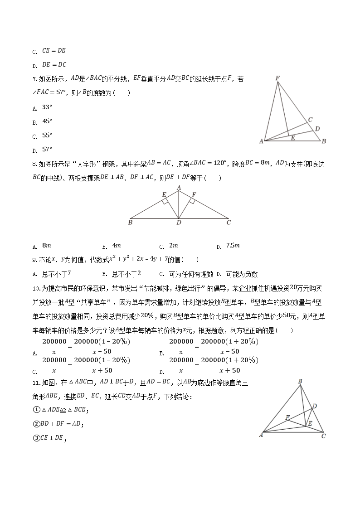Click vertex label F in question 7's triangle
[277, 78]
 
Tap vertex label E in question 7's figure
[293, 138]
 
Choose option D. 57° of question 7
[44, 149]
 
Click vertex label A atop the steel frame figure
[179, 187]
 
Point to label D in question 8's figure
[179, 223]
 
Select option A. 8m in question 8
[43, 246]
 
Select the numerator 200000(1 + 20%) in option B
[229, 342]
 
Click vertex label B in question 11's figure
[300, 382]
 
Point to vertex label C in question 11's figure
[323, 436]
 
